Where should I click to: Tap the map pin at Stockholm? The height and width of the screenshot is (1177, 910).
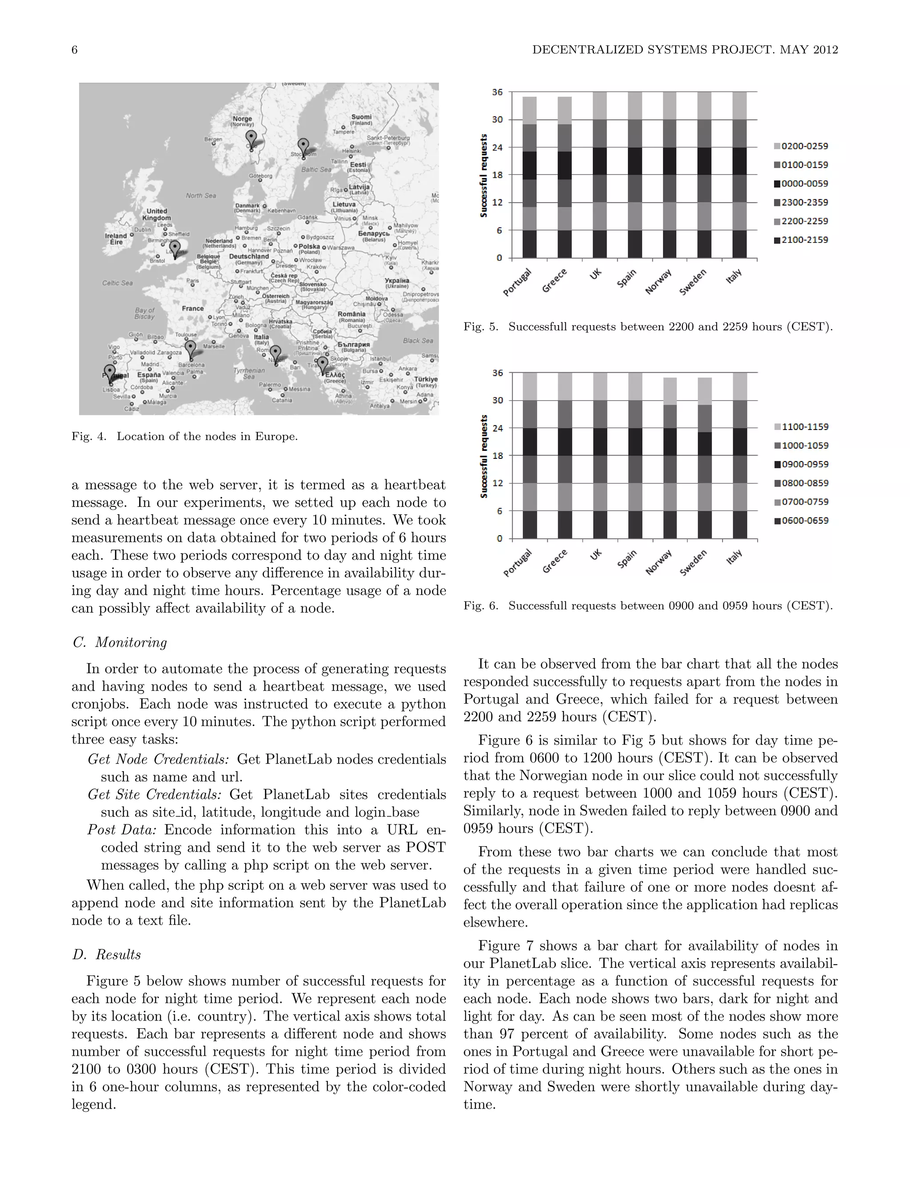tap(303, 147)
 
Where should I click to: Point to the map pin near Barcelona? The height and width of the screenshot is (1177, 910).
tap(190, 349)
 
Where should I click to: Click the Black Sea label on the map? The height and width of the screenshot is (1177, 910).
tap(418, 341)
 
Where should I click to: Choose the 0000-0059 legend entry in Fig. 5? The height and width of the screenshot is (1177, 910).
tap(801, 184)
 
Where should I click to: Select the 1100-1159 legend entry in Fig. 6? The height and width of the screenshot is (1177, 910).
tap(801, 427)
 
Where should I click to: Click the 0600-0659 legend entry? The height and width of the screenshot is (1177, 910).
tap(801, 521)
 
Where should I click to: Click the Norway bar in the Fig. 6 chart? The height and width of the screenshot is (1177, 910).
tap(670, 458)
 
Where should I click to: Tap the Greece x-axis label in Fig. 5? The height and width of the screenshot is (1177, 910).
tap(554, 282)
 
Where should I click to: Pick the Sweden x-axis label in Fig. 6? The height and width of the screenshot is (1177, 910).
tap(693, 563)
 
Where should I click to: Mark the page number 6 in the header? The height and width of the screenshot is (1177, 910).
tap(74, 50)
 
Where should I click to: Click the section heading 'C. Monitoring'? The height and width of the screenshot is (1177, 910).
tap(120, 642)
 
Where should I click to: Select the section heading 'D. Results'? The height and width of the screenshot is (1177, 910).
tap(106, 954)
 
